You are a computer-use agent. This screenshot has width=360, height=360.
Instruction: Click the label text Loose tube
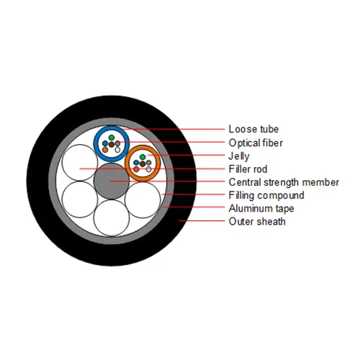[x=253, y=129]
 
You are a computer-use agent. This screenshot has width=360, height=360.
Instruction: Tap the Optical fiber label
[x=256, y=143]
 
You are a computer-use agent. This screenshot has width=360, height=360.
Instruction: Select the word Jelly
[x=239, y=156]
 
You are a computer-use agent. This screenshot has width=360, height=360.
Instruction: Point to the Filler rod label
[x=248, y=169]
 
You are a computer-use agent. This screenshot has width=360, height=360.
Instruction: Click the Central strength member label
[x=284, y=182]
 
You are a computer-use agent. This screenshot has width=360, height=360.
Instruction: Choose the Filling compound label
[x=266, y=195]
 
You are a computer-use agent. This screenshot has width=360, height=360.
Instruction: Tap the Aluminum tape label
[x=261, y=208]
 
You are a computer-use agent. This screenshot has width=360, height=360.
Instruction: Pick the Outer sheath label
[x=257, y=221]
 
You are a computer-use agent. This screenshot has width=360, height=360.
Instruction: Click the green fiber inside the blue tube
[x=112, y=138]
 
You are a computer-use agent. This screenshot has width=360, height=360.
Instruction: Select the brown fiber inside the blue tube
[x=112, y=145]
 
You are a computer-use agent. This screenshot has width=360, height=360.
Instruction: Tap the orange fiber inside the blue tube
[x=105, y=150]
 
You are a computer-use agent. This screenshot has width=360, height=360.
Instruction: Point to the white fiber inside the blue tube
[x=117, y=150]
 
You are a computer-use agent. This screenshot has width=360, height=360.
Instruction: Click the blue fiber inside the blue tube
[x=105, y=143]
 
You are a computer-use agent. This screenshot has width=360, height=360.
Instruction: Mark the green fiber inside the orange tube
[x=143, y=157]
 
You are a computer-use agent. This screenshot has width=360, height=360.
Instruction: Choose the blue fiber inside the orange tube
[x=136, y=163]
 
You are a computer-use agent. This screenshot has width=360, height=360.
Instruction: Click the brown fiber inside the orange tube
[x=143, y=164]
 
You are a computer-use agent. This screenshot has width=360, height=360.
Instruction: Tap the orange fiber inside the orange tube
[x=136, y=169]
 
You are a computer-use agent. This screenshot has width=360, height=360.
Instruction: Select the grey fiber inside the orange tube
[x=149, y=163]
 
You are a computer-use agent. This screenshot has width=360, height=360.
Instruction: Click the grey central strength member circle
[x=112, y=181]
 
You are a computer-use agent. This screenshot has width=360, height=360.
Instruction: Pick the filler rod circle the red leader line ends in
[x=80, y=163]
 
